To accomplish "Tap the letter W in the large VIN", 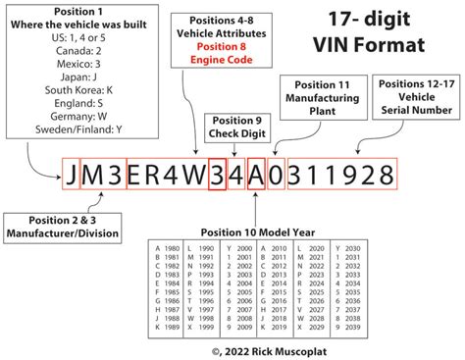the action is click(192, 177).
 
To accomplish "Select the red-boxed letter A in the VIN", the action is click(257, 177).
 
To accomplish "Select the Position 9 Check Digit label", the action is click(233, 128).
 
